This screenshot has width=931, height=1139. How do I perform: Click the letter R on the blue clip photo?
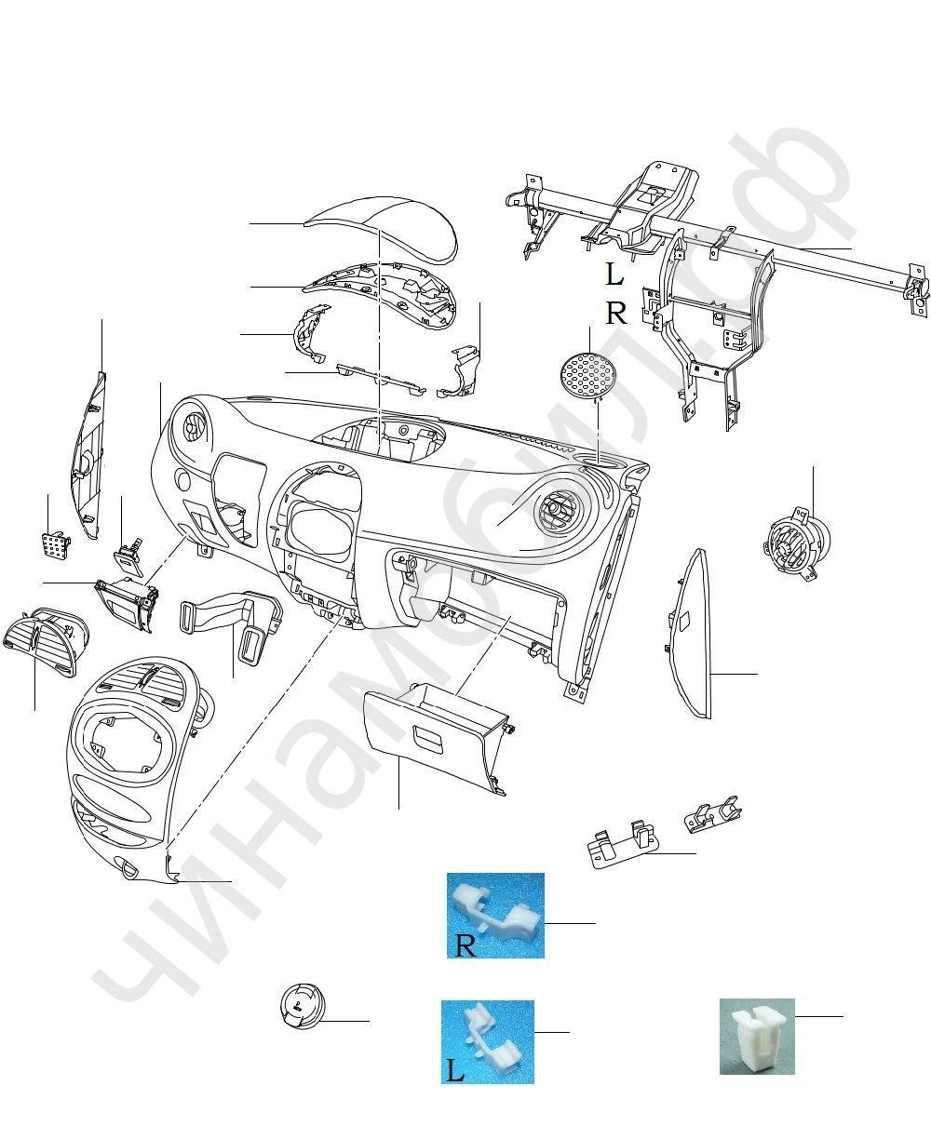coord(465,946)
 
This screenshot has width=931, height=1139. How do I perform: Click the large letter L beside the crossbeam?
coord(614,275)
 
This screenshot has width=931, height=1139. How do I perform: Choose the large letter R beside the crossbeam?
coord(616,314)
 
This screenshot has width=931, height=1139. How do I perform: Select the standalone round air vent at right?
coord(795,543)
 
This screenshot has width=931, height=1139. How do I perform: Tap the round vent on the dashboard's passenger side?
coord(560,509)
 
